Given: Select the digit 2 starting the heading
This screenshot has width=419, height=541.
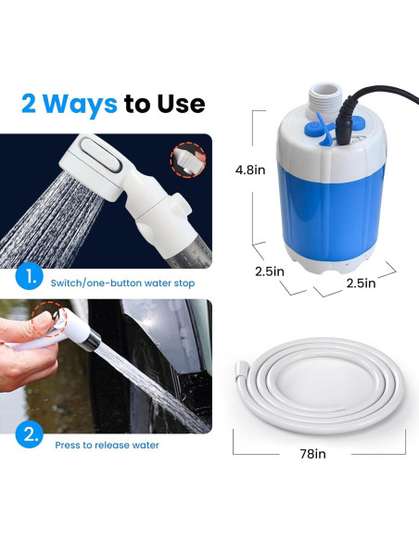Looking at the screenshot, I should tap(30, 103).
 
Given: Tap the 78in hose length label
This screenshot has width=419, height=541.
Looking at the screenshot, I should tap(314, 454).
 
